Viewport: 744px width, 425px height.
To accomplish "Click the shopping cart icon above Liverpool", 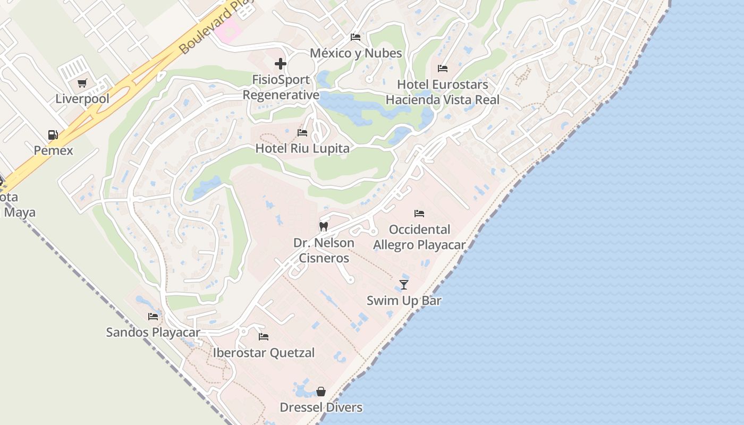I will point(82,83).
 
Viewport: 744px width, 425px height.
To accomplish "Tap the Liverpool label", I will point(82,99).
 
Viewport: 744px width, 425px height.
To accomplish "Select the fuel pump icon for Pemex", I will point(53,135).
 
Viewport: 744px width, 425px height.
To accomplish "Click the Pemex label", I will point(53,150).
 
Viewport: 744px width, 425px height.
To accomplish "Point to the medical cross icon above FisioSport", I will point(281,64).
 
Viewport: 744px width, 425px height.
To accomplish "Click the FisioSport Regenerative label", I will point(281,87).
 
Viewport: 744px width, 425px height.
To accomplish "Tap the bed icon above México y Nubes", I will point(356,37).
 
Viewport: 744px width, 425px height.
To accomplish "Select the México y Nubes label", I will point(356,53).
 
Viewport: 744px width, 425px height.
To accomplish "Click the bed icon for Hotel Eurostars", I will point(443,68).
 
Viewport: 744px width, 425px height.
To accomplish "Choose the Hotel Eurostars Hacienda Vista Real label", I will point(443,92).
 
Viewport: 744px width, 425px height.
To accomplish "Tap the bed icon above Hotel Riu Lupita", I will point(302,132).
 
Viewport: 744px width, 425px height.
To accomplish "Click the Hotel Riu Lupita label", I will point(302,148).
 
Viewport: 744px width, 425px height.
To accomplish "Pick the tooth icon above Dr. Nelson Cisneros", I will point(323,226).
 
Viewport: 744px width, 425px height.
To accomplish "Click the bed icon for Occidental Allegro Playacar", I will point(419,214).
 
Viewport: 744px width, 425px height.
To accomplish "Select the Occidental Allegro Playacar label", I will point(419,237).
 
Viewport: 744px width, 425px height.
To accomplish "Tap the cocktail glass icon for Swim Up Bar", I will point(404,284).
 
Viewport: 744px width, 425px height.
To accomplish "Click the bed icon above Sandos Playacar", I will point(153,317).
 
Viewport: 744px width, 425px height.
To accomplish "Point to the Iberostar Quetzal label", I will point(264,353).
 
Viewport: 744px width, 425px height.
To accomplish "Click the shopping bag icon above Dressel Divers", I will point(321,392).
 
